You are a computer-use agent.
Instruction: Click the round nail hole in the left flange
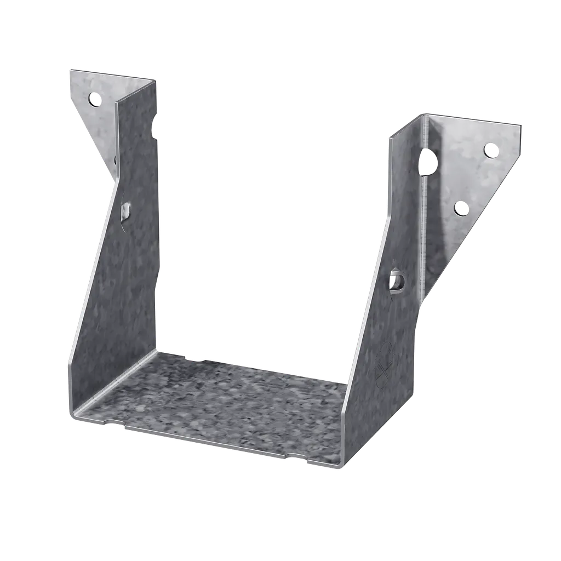pyautogui.click(x=95, y=100)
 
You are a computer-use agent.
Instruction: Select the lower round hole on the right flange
pyautogui.click(x=461, y=208)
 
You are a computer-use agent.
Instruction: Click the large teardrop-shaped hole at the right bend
pyautogui.click(x=427, y=162)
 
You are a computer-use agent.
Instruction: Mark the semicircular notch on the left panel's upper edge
pyautogui.click(x=155, y=131)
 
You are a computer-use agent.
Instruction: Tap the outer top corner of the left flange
pyautogui.click(x=70, y=70)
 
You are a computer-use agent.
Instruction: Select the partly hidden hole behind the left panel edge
pyautogui.click(x=116, y=160)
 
